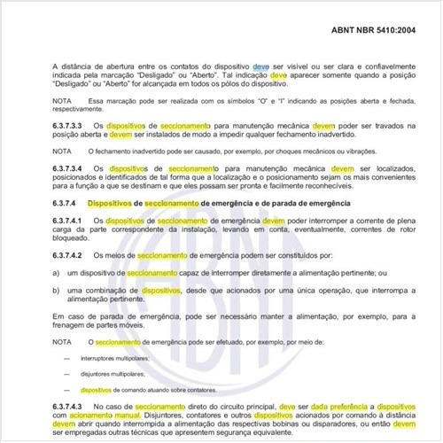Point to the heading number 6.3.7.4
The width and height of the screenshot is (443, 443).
(66, 204)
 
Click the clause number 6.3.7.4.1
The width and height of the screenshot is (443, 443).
(68, 221)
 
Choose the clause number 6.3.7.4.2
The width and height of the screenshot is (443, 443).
(68, 256)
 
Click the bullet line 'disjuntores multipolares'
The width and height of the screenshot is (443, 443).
(111, 374)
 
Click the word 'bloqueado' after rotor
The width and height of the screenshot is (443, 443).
(73, 239)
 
